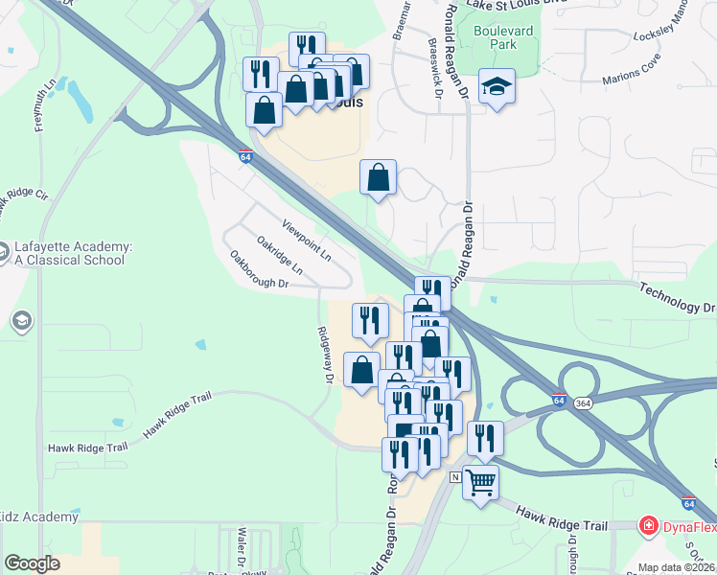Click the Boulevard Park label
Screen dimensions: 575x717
pyautogui.click(x=501, y=37)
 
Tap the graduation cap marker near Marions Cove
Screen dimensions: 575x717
pyautogui.click(x=497, y=87)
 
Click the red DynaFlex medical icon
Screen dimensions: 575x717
pyautogui.click(x=649, y=525)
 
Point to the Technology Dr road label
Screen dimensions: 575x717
pyautogui.click(x=678, y=298)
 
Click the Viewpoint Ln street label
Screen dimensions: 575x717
pyautogui.click(x=306, y=241)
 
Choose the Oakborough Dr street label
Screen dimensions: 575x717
pyautogui.click(x=259, y=270)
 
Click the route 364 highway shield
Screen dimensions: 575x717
pyautogui.click(x=582, y=404)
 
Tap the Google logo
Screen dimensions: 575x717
pyautogui.click(x=32, y=563)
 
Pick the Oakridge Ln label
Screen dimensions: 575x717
pyautogui.click(x=279, y=256)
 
